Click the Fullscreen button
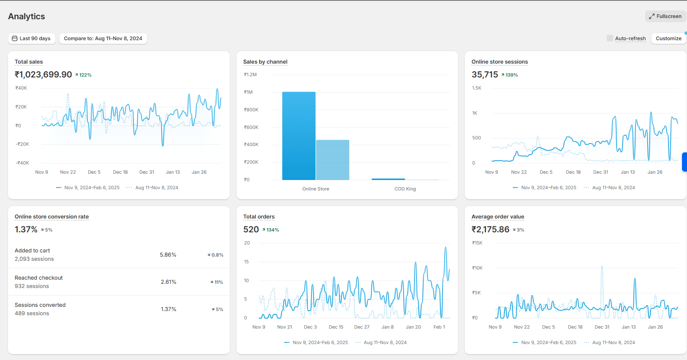tap(665, 16)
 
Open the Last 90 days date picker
tap(31, 39)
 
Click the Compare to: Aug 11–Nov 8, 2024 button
tap(103, 39)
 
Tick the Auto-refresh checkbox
tap(610, 39)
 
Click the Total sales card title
tap(29, 62)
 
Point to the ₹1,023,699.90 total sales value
tap(43, 75)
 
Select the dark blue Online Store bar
tap(299, 136)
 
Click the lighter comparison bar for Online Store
tap(332, 160)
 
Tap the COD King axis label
tap(405, 189)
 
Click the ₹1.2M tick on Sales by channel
tap(250, 75)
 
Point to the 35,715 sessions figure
tap(484, 75)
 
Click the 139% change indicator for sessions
tap(509, 75)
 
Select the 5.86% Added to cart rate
tap(168, 255)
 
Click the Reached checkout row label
tap(39, 278)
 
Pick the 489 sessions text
tap(32, 314)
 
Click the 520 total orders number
tap(251, 229)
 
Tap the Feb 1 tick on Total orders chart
tap(439, 327)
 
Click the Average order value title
tap(498, 216)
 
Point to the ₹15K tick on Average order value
tap(477, 243)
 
